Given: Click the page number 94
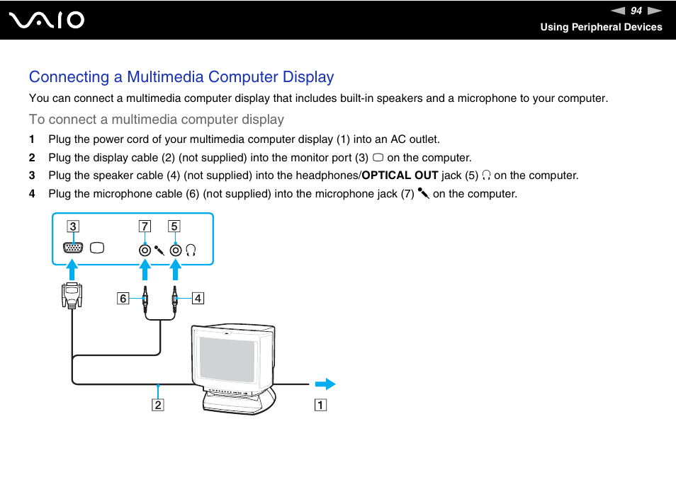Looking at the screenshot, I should pyautogui.click(x=636, y=11).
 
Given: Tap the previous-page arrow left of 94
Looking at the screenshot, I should pyautogui.click(x=619, y=11).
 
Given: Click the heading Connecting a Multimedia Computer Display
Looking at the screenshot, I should pyautogui.click(x=181, y=76).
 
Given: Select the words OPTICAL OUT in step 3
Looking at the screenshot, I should pyautogui.click(x=400, y=176).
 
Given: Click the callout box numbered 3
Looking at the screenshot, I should pyautogui.click(x=72, y=226).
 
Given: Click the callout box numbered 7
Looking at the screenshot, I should pyautogui.click(x=145, y=226).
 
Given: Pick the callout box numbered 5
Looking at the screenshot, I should pyautogui.click(x=174, y=226).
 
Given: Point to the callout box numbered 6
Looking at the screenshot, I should pyautogui.click(x=123, y=299).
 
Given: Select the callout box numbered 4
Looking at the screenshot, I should pyautogui.click(x=198, y=299).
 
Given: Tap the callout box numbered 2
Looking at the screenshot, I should pyautogui.click(x=157, y=406).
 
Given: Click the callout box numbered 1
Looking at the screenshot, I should pyautogui.click(x=321, y=406).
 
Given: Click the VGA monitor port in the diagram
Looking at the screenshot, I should pyautogui.click(x=72, y=248).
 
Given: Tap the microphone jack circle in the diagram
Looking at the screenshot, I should pyautogui.click(x=145, y=249).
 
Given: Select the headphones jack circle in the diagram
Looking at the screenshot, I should pyautogui.click(x=174, y=249).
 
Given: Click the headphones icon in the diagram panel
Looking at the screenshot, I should pyautogui.click(x=190, y=249).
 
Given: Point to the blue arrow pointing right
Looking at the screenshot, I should pyautogui.click(x=325, y=384).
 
